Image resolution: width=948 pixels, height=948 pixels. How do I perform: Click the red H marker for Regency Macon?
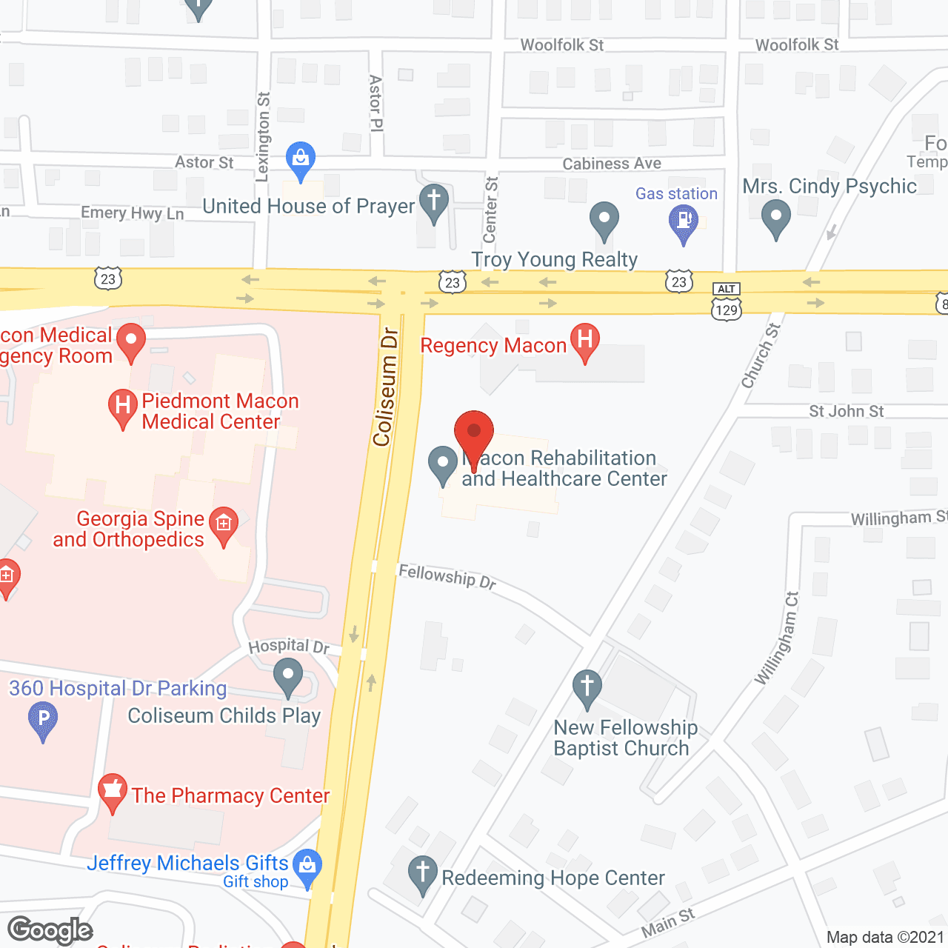click(584, 341)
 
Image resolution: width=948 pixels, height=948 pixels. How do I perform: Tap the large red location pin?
click(473, 433)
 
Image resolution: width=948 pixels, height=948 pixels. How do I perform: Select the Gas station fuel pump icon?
click(683, 221)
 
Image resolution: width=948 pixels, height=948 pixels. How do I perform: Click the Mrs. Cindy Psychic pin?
click(775, 218)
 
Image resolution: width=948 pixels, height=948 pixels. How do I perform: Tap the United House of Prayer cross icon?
click(434, 201)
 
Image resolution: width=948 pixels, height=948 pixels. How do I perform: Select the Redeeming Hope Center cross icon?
click(423, 873)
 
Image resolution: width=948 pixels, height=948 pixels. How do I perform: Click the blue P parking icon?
click(43, 719)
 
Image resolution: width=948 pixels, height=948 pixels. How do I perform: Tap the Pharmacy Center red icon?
click(113, 791)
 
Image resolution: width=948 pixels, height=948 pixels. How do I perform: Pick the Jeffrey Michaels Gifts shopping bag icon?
click(307, 864)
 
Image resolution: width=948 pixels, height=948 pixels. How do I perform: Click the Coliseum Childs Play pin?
click(288, 675)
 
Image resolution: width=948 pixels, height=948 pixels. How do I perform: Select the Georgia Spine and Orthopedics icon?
click(224, 524)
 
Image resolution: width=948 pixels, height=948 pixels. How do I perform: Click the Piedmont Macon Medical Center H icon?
click(123, 406)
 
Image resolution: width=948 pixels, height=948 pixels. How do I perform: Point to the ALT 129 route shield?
click(727, 302)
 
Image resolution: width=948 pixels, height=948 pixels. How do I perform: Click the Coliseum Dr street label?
click(386, 387)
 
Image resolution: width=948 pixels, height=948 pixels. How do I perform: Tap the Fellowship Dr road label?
click(447, 575)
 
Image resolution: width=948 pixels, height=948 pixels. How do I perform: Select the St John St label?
click(846, 411)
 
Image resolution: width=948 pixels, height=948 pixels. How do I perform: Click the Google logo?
click(50, 929)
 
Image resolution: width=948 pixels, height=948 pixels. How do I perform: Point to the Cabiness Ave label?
click(612, 164)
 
